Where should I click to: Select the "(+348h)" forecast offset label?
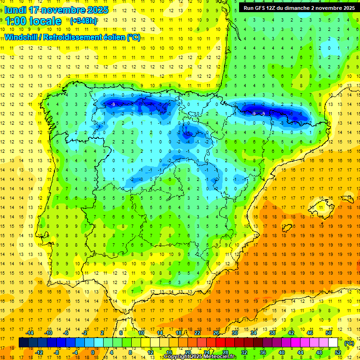pyautogui.click(x=83, y=21)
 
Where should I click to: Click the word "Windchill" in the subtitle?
pyautogui.click(x=22, y=37)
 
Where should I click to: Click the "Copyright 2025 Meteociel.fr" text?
pyautogui.click(x=200, y=357)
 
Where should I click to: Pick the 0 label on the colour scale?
pyautogui.click(x=92, y=352)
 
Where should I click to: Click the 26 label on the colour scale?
pyautogui.click(x=216, y=333)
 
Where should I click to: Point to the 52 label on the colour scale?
pyautogui.click(x=338, y=352)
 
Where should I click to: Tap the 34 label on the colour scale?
pyautogui.click(x=254, y=333)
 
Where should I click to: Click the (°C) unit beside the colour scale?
pyautogui.click(x=349, y=343)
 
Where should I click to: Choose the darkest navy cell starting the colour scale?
pyautogui.click(x=23, y=343)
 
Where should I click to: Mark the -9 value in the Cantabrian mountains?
pyautogui.click(x=113, y=104)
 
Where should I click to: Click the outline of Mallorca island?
pyautogui.click(x=327, y=206)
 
